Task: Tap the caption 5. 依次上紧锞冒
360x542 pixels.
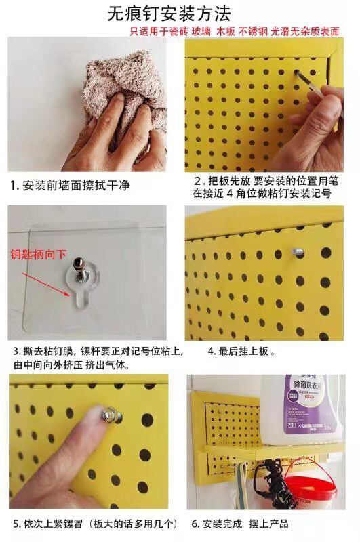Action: coord(94,524)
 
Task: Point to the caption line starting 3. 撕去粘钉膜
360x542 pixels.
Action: coord(94,351)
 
